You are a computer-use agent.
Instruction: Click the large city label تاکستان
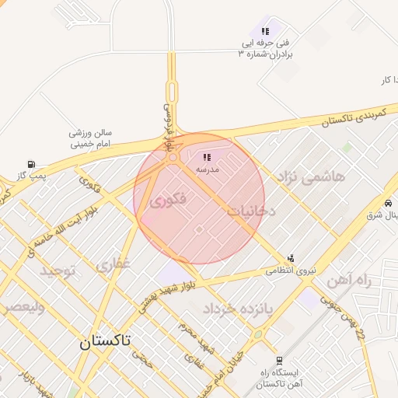click(x=106, y=340)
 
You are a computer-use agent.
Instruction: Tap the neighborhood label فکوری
click(x=167, y=201)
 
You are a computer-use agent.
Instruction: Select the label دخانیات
click(x=252, y=210)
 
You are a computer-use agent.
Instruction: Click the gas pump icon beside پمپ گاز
click(x=31, y=165)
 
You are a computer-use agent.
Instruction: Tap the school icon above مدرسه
click(x=207, y=158)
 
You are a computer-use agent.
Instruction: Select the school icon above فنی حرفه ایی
click(x=265, y=31)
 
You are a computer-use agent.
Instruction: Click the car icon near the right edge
click(x=387, y=198)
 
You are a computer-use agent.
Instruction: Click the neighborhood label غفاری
click(x=113, y=265)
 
